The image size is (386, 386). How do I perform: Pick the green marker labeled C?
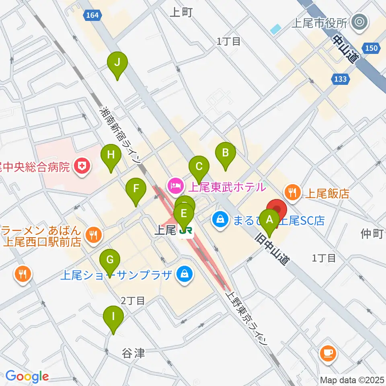[199, 166]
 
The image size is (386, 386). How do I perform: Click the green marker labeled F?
[136, 189]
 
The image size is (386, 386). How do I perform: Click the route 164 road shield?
[92, 15]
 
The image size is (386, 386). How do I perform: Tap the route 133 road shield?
[340, 79]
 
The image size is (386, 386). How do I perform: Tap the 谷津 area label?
[133, 353]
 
